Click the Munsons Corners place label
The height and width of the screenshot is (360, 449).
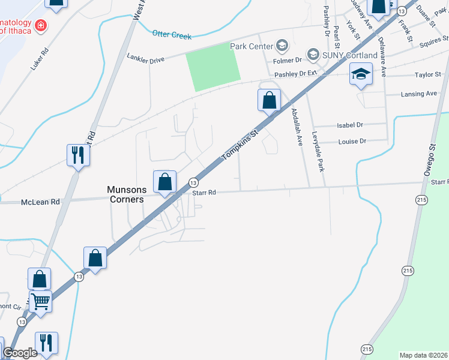(x=125, y=194)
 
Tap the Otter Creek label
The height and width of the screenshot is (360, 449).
(x=172, y=35)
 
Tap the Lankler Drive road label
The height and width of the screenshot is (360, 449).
(x=145, y=57)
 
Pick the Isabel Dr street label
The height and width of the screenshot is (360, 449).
(x=351, y=125)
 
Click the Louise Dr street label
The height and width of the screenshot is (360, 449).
(x=352, y=141)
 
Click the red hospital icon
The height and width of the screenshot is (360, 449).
(x=41, y=25)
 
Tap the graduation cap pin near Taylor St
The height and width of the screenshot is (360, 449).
(x=361, y=74)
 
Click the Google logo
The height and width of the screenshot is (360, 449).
(x=20, y=353)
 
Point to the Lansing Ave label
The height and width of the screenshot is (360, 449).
(x=419, y=94)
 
